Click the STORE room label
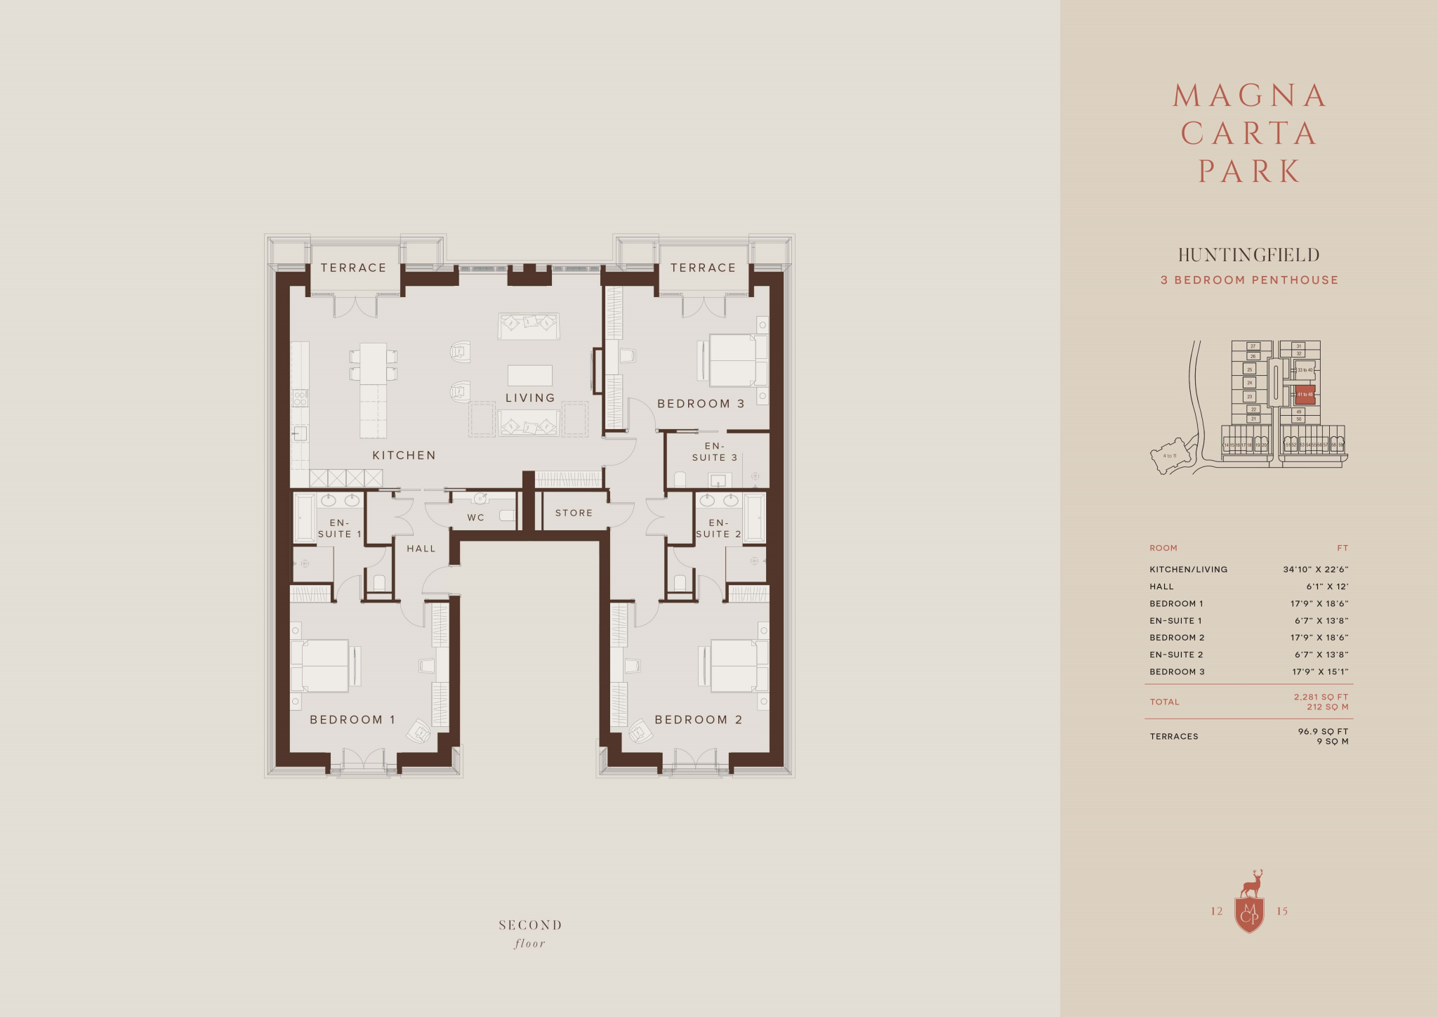[574, 513]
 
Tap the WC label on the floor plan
[475, 518]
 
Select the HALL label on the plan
[421, 549]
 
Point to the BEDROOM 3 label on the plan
[700, 404]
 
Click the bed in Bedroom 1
[325, 666]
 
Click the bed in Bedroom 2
[734, 666]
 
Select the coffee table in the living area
[530, 375]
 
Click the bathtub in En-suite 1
[304, 518]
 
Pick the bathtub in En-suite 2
[755, 518]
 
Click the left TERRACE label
[353, 268]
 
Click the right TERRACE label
[703, 268]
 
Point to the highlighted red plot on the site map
[1305, 394]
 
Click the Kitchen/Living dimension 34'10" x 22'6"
[1315, 570]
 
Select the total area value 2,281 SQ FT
[1321, 697]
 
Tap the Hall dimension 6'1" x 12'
[1327, 586]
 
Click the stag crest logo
[1249, 906]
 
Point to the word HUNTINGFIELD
[1248, 255]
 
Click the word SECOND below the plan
[530, 926]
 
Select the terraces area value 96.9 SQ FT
[1323, 731]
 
